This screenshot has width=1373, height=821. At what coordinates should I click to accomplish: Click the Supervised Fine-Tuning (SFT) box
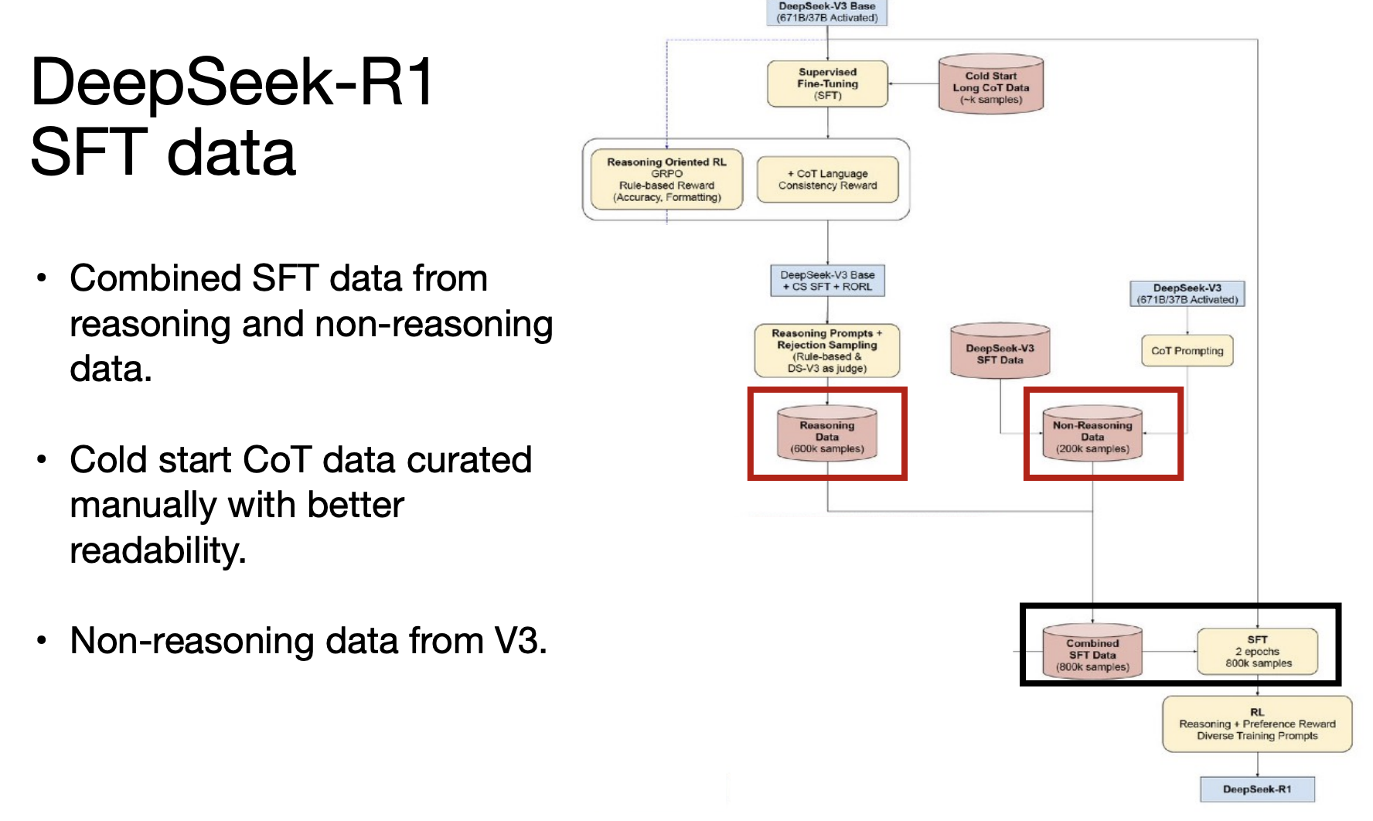coord(827,83)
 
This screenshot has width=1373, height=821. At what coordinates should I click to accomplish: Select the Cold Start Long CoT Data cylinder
coord(991,84)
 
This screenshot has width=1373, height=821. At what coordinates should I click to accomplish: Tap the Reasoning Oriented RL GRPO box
coord(666,179)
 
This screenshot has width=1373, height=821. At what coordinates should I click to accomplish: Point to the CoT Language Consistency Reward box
coord(827,179)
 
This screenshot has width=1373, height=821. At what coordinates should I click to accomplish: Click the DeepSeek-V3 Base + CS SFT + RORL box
coord(827,281)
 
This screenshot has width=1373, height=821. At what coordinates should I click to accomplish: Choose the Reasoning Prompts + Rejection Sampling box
coord(827,350)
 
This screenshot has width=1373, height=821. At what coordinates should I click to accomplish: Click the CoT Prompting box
coord(1187,351)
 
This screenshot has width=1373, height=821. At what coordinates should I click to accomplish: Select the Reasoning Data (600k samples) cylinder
coord(827,434)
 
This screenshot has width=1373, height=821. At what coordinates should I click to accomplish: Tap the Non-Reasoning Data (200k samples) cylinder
coord(1092,434)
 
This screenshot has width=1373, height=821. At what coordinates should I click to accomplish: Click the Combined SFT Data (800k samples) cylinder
coord(1092,652)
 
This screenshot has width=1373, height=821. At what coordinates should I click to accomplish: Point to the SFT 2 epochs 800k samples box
coord(1258,652)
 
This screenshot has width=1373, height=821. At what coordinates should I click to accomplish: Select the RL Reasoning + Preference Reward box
coord(1257,724)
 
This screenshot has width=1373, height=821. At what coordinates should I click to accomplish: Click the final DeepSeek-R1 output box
coord(1257,789)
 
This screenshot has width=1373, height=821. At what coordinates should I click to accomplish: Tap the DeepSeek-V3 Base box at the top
coord(827,12)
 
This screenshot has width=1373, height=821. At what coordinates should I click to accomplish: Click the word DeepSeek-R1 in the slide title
coord(232,83)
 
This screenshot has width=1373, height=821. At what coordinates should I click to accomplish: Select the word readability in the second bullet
coord(157,551)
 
